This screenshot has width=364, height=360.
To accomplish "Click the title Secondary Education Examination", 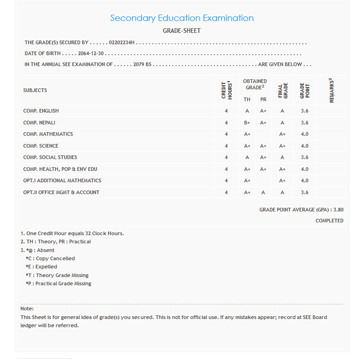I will pos(182,18).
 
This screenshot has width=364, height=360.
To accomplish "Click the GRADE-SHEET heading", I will pos(182,31).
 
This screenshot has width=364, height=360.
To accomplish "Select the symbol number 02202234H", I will pos(122,42).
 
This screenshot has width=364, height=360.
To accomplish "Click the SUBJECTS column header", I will pos(35,90).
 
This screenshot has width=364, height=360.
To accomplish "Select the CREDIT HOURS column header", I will pos(226,90).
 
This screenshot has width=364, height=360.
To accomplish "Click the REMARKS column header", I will pos(331,90).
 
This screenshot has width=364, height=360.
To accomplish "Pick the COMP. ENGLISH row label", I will pos(41,111).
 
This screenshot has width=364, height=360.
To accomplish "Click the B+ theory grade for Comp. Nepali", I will pos(247,123).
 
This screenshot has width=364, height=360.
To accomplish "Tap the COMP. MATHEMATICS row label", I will pos(48,134).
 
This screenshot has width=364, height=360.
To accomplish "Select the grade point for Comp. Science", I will pos(305,146).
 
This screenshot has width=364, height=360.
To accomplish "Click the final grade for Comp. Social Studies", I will pos(282,157).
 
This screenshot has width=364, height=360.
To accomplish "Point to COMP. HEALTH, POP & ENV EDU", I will pos(60,169).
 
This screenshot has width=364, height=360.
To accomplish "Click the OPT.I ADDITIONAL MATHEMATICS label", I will pos(62,180).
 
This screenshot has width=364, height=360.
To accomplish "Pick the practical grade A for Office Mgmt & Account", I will pos(263,192).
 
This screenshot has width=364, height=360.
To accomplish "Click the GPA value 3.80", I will pos(338,210).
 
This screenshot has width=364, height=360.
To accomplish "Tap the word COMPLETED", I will pos(329,221).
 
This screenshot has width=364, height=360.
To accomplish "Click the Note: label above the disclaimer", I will pos(27,309).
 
